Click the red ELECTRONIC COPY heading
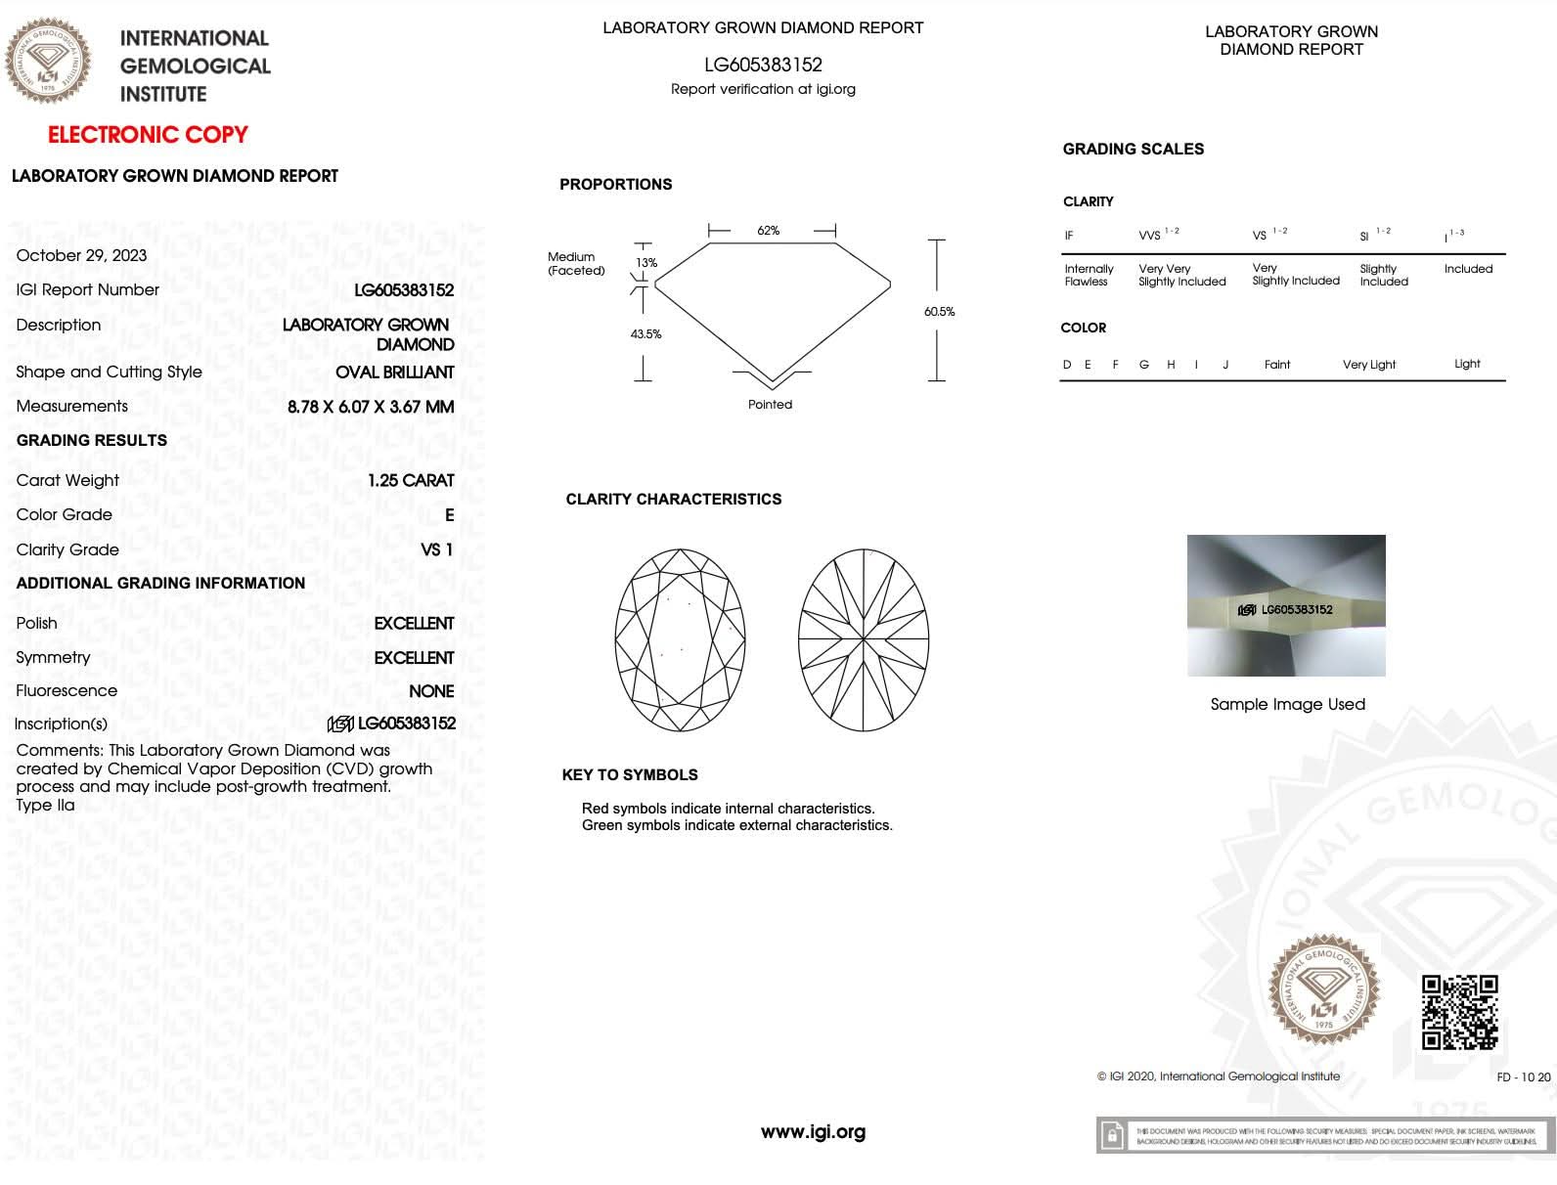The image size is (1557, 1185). pos(148,135)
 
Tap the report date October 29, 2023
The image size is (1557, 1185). pos(81,255)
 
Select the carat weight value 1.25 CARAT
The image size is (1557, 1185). pos(411,480)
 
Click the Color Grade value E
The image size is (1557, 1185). pos(449,515)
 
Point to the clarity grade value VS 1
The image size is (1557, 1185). pos(436,549)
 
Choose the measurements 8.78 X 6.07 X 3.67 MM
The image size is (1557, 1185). pos(371,407)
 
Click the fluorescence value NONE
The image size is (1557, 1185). pos(431,691)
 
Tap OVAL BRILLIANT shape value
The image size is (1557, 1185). pos(394,373)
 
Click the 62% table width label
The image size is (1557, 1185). pos(769,231)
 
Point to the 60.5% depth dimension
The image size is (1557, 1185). pos(939,312)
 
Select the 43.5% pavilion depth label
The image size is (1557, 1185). pos(645,334)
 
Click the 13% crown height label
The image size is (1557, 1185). pos(646,263)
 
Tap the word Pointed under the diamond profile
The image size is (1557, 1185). pos(770,405)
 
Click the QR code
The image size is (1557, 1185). pos(1459,1012)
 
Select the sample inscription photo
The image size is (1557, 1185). pos(1286,605)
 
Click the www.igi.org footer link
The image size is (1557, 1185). pos(813,1132)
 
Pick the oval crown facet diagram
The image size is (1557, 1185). pos(680,640)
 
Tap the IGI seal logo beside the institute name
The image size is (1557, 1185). pos(49,61)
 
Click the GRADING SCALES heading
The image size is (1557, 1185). pos(1133,150)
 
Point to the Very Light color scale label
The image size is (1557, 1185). pos(1368,365)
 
